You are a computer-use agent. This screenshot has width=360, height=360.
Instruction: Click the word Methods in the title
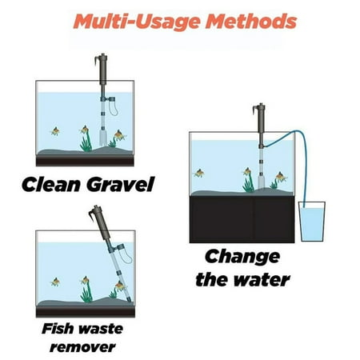coord(251,22)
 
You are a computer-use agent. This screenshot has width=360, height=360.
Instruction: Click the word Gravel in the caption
coord(121,185)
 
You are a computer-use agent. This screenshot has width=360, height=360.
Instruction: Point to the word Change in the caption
coord(242,258)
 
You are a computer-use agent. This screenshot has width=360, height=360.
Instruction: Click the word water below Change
coord(263,280)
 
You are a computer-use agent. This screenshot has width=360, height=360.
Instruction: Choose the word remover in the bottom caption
coord(82,347)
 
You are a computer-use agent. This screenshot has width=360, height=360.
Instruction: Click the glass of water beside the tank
coord(312,222)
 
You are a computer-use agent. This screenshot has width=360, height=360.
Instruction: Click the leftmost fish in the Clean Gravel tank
coord(55,131)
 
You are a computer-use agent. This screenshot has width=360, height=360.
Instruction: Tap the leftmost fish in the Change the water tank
coord(199,173)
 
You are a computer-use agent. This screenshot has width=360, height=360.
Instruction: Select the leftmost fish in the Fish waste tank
coord(55,282)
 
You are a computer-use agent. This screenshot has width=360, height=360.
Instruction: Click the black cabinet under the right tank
coord(242,219)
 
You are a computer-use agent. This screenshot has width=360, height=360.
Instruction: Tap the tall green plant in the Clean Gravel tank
coord(86,142)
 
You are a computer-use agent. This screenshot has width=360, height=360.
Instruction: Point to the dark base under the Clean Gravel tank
coord(85,161)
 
